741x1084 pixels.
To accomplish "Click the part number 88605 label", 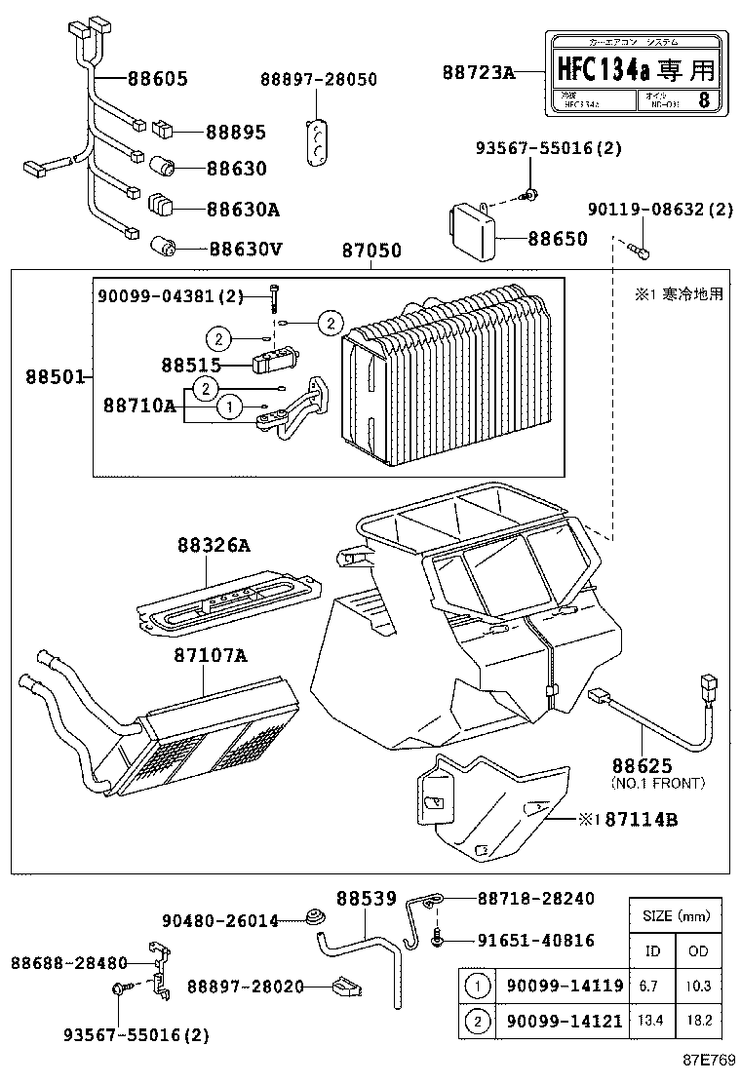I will [x=156, y=80].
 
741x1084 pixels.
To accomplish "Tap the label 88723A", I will [x=478, y=72].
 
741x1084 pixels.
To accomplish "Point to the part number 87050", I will [x=371, y=251].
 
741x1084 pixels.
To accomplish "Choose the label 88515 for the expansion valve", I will [x=191, y=365].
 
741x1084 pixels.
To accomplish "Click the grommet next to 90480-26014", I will [x=314, y=917].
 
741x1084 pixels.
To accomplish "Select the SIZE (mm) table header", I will [x=676, y=916].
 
